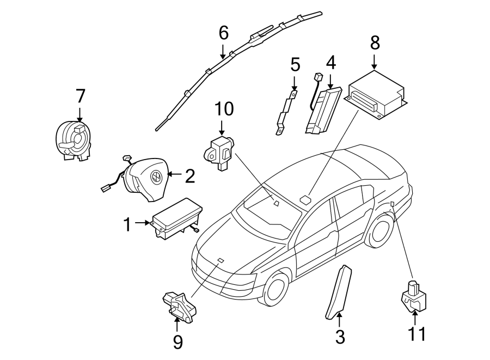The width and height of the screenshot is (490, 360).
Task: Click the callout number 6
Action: tap(223, 33)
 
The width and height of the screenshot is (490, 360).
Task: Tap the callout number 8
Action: tap(375, 42)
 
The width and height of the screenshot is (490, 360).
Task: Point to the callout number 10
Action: tap(223, 109)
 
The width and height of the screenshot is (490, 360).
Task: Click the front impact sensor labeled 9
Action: tap(179, 308)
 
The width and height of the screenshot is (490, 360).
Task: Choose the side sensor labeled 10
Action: tap(219, 153)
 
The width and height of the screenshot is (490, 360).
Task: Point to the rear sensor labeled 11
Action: tap(414, 294)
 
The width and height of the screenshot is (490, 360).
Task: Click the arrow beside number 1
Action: tap(143, 222)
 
